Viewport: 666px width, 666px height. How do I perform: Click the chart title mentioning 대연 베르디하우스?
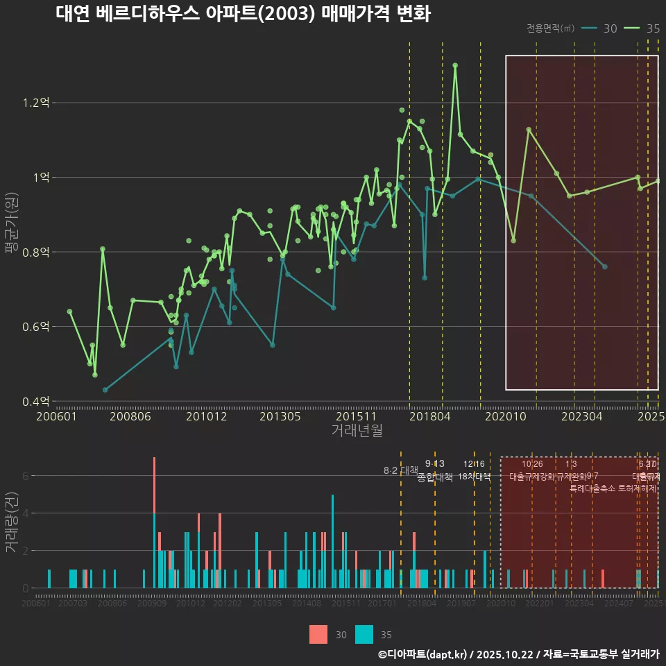(x=243, y=14)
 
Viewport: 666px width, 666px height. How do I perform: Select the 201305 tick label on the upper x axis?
(x=280, y=416)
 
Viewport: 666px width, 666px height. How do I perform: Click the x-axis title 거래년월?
(x=357, y=430)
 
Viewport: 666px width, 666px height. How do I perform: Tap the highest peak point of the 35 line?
(x=455, y=65)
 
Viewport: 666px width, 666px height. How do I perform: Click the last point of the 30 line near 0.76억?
(x=604, y=266)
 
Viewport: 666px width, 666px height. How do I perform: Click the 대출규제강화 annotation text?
(x=531, y=477)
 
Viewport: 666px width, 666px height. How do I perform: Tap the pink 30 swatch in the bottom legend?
(x=318, y=634)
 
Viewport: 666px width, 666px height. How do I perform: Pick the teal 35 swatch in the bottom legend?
(x=364, y=634)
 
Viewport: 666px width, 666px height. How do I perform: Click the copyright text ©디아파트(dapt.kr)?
(x=423, y=654)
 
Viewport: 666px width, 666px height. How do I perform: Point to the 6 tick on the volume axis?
(x=26, y=476)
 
